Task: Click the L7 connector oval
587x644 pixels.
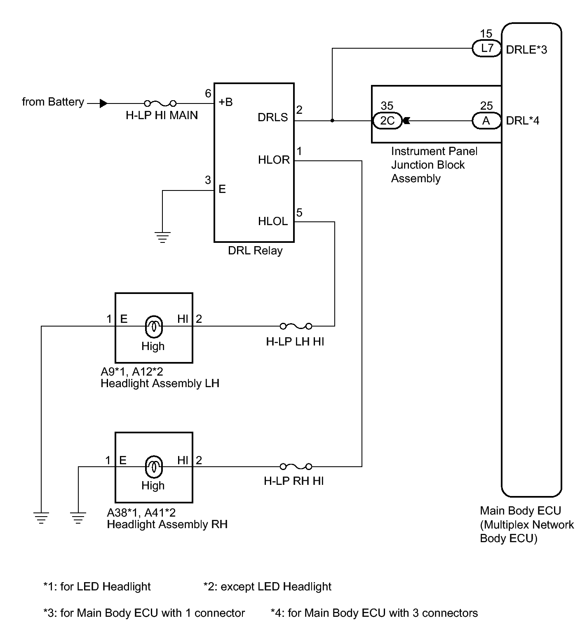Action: [487, 49]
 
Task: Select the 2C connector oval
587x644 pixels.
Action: [387, 121]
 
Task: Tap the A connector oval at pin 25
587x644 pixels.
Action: [486, 121]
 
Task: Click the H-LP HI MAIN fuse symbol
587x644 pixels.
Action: [160, 103]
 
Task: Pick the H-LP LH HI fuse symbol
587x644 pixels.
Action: [296, 326]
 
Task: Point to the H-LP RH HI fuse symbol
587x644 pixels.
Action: [296, 467]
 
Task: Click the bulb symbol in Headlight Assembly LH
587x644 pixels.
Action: [153, 327]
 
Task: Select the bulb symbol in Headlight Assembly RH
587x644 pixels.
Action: [153, 466]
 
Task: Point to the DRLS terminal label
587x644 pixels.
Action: [272, 118]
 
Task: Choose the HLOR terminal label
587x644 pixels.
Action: [274, 160]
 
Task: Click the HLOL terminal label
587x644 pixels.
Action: [272, 221]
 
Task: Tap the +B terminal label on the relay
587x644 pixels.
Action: [225, 102]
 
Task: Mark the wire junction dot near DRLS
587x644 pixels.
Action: [332, 121]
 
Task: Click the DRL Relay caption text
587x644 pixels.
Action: [255, 251]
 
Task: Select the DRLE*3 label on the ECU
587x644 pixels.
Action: [526, 49]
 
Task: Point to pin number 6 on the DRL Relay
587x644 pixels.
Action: [208, 94]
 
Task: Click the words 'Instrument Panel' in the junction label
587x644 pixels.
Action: [434, 151]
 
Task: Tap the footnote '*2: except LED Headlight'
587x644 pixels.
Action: [268, 586]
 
